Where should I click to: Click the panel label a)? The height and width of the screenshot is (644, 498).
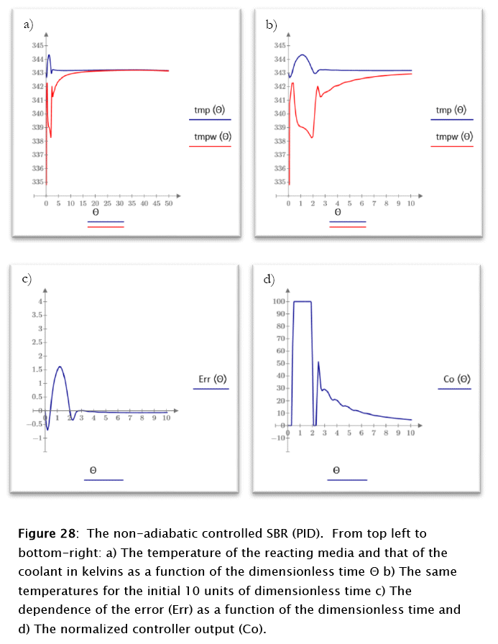28,25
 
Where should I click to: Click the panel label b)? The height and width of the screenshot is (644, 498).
271,25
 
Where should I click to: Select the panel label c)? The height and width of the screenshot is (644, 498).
27,279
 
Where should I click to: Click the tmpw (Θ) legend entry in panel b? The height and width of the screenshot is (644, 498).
454,137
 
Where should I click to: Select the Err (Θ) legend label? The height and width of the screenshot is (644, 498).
212,379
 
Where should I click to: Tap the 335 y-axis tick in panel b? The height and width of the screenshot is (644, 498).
281,182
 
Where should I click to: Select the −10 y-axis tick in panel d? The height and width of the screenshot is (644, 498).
279,438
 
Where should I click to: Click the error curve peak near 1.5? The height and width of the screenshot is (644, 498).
60,367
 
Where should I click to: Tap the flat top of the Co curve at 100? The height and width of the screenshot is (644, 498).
302,301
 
